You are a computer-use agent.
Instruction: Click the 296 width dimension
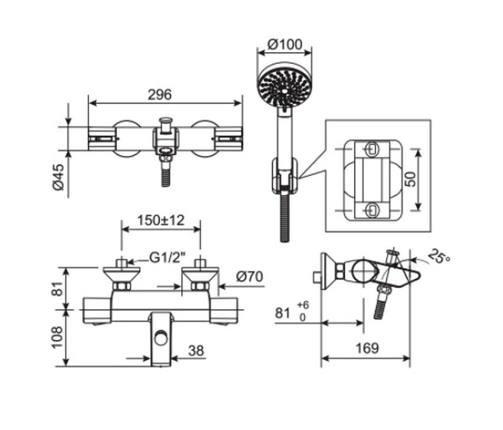click(x=159, y=94)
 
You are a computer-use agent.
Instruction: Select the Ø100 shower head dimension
click(x=285, y=44)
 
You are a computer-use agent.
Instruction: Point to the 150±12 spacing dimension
click(x=160, y=220)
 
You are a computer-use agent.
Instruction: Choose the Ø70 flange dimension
click(x=249, y=277)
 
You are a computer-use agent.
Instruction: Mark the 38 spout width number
click(x=195, y=351)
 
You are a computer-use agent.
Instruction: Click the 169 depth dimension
click(x=367, y=348)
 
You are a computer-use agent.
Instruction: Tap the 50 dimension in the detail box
click(x=409, y=179)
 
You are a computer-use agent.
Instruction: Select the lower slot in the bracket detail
click(x=372, y=208)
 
